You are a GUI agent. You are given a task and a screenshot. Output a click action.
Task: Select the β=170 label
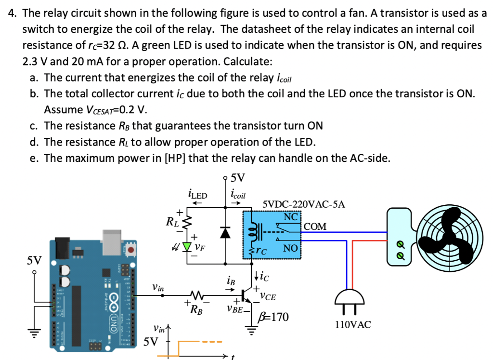pyautogui.click(x=273, y=317)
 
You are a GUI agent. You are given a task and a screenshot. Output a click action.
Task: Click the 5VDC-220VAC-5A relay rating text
pyautogui.click(x=304, y=204)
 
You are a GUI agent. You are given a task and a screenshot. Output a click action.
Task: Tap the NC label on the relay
pyautogui.click(x=290, y=216)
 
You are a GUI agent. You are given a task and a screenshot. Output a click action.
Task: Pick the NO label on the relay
pyautogui.click(x=290, y=248)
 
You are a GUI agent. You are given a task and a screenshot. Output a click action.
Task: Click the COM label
pyautogui.click(x=315, y=227)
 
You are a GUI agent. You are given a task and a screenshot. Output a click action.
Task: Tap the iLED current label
pyautogui.click(x=196, y=195)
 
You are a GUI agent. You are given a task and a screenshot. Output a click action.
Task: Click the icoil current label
pyautogui.click(x=238, y=195)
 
